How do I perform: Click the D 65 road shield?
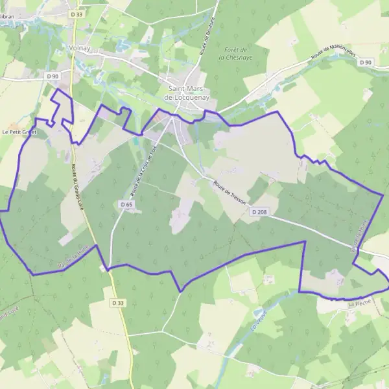click(127, 204)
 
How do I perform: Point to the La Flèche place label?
click(359, 303)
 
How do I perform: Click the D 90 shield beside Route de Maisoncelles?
click(366, 62)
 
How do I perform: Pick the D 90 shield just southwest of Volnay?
click(53, 76)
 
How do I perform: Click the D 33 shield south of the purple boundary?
click(117, 302)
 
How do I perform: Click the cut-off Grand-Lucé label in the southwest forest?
click(8, 314)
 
